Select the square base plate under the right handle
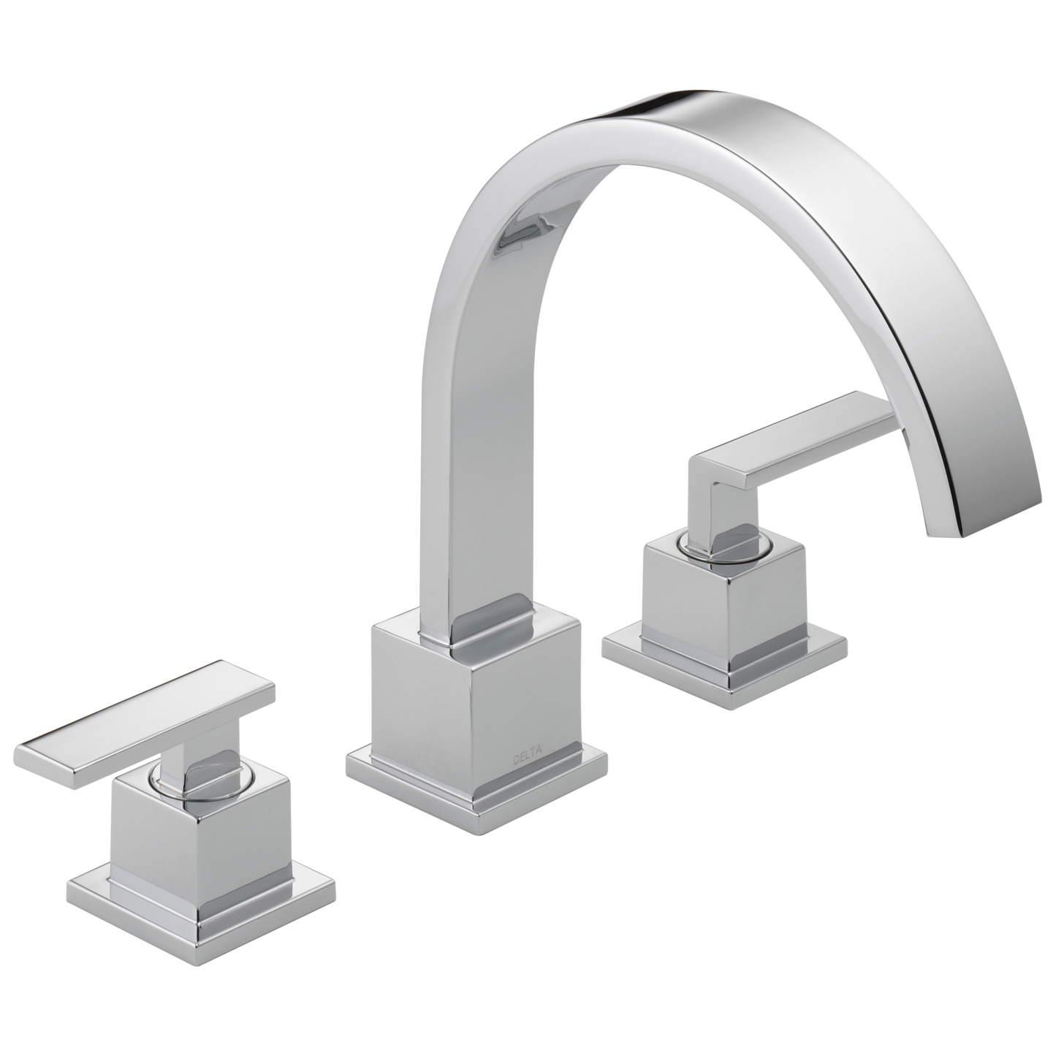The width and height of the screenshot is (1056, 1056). (x=723, y=661)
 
